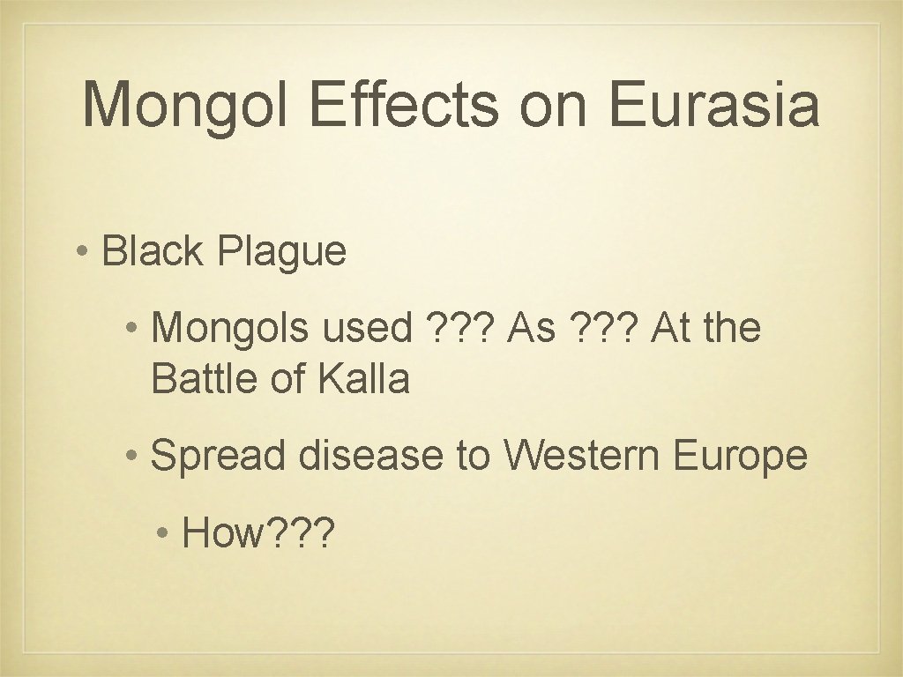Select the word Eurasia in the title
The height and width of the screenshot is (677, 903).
coord(712,106)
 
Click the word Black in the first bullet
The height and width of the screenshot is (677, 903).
coord(153,251)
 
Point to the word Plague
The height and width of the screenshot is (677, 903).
coord(281,253)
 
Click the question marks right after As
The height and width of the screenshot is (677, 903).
coord(601,329)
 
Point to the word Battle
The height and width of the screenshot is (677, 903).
coord(199,378)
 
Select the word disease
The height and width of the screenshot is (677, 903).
coord(371,456)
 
